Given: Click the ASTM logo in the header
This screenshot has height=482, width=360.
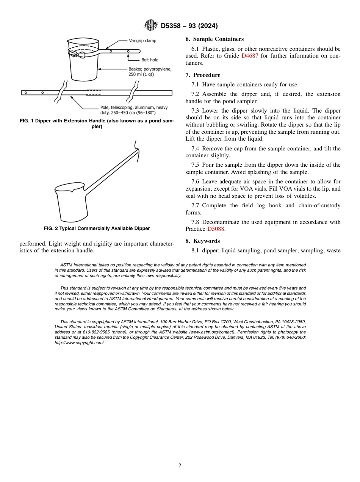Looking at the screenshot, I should pos(151,25).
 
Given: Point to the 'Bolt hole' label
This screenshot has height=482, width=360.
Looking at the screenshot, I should pos(150,60).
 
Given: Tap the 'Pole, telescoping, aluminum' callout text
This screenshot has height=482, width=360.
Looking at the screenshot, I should pos(128,110).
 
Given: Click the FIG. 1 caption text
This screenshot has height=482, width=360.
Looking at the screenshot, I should pos(97,124).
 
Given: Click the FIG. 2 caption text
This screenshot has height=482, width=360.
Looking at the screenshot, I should pos(97,228).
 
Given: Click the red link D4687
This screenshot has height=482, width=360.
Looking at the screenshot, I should pos(248,56).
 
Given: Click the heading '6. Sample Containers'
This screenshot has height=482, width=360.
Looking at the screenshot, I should pos(214,39).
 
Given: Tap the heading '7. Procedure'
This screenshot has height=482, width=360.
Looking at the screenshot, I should pos(203,75).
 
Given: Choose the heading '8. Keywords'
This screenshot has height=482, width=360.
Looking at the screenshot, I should pos(203,241).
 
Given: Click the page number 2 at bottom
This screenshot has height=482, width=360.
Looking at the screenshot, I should pos(180,466).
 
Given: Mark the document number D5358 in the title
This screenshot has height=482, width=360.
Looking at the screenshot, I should pos(172,26).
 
